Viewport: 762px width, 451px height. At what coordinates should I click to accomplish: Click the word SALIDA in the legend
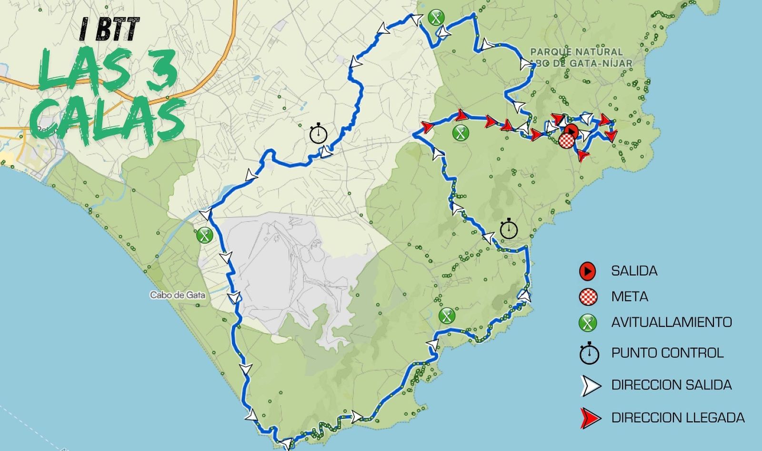(x=634, y=271)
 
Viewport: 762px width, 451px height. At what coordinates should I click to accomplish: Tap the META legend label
(x=629, y=297)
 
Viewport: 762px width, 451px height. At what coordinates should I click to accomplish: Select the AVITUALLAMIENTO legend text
(x=671, y=322)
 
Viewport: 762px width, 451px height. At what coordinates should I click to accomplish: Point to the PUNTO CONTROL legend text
(x=667, y=353)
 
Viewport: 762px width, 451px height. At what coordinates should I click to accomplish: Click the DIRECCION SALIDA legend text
(x=671, y=385)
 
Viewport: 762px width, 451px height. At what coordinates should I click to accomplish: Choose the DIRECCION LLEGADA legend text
(x=678, y=418)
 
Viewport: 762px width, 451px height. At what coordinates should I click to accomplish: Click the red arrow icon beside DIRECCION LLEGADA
(x=590, y=418)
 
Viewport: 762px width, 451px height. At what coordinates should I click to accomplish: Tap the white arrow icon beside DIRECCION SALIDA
(x=590, y=386)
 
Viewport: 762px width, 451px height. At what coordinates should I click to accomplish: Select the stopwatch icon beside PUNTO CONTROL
(x=589, y=353)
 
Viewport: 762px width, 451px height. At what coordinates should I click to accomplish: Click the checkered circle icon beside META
(x=588, y=297)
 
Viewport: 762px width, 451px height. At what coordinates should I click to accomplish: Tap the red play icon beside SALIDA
(x=588, y=271)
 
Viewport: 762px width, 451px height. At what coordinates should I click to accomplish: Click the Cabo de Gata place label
(x=178, y=295)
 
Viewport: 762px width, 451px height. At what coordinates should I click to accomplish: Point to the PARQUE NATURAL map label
(x=576, y=51)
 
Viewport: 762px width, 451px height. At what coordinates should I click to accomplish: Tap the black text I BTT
(x=110, y=30)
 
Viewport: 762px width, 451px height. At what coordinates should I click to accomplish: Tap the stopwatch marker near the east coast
(x=509, y=229)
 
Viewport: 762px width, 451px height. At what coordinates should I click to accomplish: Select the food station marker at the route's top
(x=436, y=18)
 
